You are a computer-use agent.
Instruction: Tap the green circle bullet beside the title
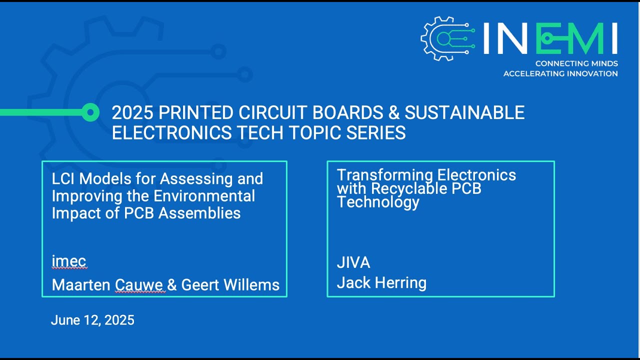90,112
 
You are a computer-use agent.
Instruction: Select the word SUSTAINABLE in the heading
464,112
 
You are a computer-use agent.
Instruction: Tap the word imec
69,261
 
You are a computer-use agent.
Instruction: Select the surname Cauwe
139,285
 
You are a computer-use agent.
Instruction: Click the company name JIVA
353,262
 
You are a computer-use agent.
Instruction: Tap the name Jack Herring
381,283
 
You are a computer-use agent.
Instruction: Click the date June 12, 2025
92,320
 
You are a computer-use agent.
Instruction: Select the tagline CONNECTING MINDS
576,64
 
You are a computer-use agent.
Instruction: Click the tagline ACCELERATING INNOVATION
560,73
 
